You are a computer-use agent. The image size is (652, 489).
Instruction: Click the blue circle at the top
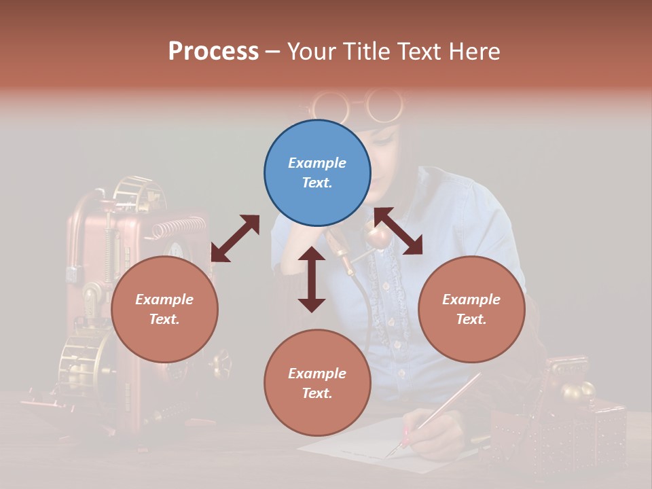tap(317, 173)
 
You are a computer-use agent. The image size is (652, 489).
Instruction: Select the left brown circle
tap(164, 309)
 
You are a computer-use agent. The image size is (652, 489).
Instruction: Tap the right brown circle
tap(471, 309)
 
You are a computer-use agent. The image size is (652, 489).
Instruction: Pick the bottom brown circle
tap(317, 383)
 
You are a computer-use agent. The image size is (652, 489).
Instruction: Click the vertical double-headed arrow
tap(312, 279)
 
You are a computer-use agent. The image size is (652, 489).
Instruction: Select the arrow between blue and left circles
tap(235, 238)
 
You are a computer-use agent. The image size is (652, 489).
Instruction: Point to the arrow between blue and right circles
tap(398, 231)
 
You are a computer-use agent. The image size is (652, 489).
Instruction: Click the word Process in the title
tap(213, 52)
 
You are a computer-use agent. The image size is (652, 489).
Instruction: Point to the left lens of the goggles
tap(331, 105)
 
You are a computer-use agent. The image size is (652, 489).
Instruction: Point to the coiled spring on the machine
tap(178, 227)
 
